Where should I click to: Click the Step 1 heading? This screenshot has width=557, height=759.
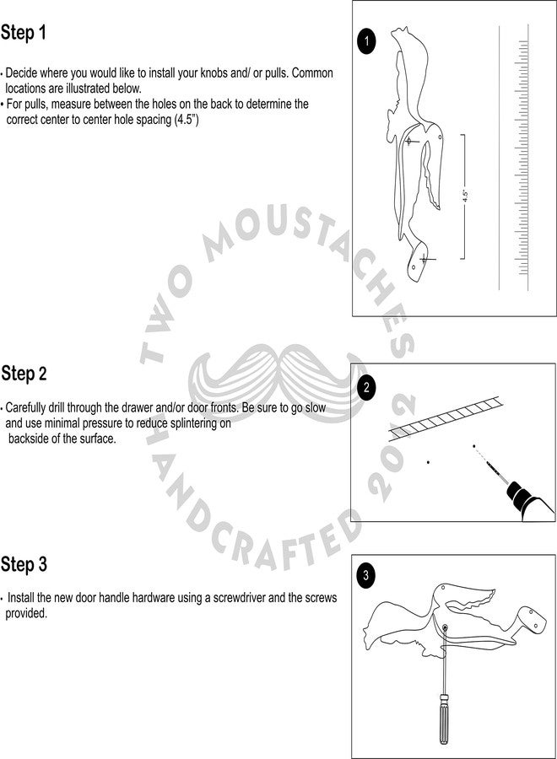coord(24,33)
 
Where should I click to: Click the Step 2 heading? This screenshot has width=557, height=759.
coord(24,374)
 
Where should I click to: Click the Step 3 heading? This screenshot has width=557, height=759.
coord(24,564)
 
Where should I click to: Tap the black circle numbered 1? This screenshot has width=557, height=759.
coord(366,41)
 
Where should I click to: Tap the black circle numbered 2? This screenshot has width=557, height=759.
coord(366,387)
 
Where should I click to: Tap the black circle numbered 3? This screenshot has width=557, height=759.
coord(365,575)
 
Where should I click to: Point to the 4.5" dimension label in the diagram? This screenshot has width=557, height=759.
coord(465,196)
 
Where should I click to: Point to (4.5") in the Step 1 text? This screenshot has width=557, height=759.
coord(187,120)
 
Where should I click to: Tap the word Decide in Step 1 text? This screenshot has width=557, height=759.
coord(21,73)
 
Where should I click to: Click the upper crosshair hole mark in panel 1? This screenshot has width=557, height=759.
coord(408,142)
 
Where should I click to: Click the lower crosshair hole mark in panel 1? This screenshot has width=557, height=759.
coord(424,260)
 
